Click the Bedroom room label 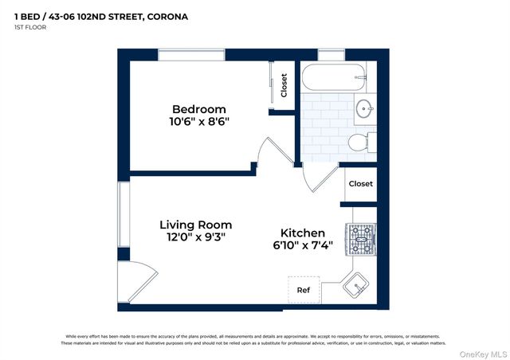click(198, 109)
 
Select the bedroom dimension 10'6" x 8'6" click(198, 122)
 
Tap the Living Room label click(192, 225)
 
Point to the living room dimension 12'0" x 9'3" click(192, 237)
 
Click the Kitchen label click(302, 233)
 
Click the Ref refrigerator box click(304, 290)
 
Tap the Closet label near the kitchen click(360, 184)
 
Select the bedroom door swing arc click(271, 151)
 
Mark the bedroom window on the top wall click(190, 55)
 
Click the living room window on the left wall click(124, 214)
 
